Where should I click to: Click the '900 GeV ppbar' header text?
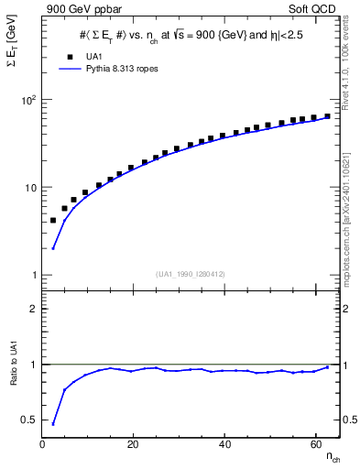click(x=80, y=8)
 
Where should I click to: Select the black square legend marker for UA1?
click(x=58, y=57)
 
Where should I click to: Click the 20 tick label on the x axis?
click(x=134, y=443)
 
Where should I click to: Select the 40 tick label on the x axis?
click(x=224, y=443)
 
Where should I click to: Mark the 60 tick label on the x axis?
click(x=315, y=443)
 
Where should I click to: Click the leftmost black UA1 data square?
click(x=53, y=221)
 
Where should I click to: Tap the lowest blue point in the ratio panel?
click(x=53, y=423)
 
